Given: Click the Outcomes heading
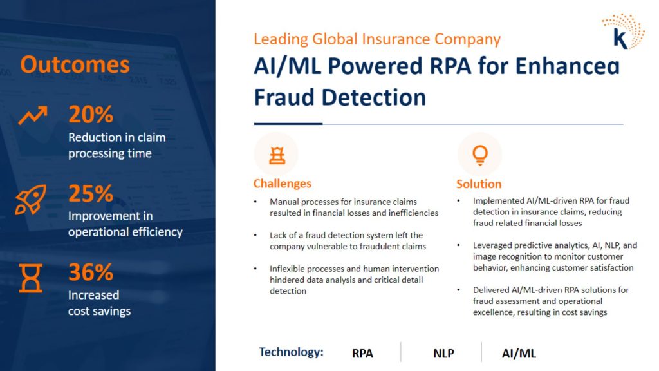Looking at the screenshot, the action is pos(75,65).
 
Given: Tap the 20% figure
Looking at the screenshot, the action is pos(91,115).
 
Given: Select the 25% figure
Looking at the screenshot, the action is pos(91,193).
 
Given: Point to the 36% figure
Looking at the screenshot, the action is pos(91,272).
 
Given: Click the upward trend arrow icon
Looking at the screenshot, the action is pos(33,115).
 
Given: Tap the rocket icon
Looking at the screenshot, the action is pos(31,200).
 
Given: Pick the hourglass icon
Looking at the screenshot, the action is pos(31,278).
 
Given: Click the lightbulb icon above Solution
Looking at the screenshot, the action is pos(480,155).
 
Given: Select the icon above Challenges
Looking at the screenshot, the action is pos(277,155).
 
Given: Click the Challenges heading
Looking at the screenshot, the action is pos(283,184).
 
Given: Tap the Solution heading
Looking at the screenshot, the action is pos(479,184).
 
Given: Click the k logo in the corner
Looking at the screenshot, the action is pos(623,32).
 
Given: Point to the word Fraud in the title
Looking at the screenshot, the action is pos(284,97).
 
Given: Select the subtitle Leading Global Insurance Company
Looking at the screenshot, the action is pos(377,39).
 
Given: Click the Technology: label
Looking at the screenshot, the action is pos(291,352).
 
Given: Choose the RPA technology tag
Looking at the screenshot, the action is pos(362,354).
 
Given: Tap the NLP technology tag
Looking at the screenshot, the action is pos(443,354).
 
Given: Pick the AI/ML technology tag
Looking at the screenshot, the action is pos(519,354).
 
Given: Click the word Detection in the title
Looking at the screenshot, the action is pos(374,97).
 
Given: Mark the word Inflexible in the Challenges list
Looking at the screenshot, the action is pos(288,269).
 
